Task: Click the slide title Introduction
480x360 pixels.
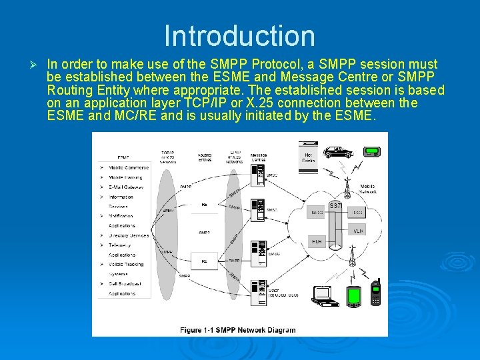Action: click(x=239, y=36)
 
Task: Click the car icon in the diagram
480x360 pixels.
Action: click(x=338, y=151)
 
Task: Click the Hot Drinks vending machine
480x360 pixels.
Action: click(x=309, y=157)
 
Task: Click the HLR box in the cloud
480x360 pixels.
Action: click(x=317, y=241)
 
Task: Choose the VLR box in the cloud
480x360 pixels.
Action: click(x=358, y=230)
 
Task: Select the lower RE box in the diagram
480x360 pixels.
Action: click(x=205, y=261)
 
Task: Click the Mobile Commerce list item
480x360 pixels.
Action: click(x=128, y=168)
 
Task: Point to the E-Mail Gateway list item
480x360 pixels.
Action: click(x=128, y=187)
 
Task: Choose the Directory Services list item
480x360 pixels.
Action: click(x=128, y=235)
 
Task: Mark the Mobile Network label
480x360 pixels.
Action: click(x=368, y=189)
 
